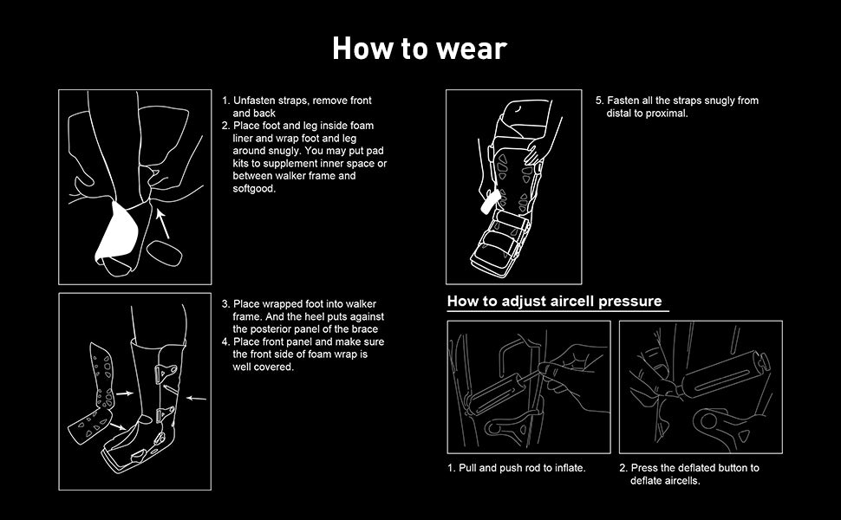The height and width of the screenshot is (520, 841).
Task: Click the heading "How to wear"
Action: [x=420, y=49]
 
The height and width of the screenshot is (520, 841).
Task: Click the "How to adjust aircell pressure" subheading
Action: [x=555, y=302]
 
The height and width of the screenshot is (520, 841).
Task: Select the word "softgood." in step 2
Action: [x=254, y=189]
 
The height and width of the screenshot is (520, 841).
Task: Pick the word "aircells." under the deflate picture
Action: [x=665, y=481]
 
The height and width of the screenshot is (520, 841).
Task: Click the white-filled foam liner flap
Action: [x=117, y=233]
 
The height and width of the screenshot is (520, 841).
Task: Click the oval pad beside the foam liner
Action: [x=165, y=253]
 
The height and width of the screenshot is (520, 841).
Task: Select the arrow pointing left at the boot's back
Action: [x=196, y=399]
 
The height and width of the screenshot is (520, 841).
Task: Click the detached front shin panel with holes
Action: [x=102, y=375]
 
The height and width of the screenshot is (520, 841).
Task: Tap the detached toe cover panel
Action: [x=88, y=426]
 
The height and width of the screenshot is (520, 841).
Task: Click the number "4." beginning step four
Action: [x=225, y=342]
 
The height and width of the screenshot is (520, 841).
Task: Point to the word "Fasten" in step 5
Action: [x=623, y=101]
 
